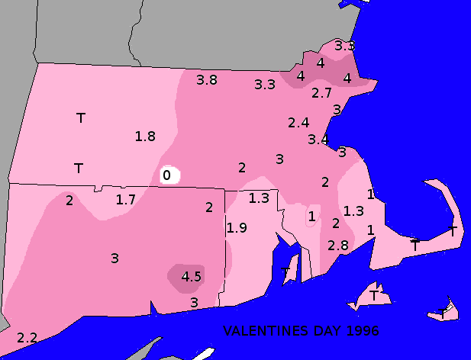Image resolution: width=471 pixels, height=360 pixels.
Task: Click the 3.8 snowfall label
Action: (207, 79)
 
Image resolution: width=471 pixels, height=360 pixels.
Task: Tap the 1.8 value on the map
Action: (145, 137)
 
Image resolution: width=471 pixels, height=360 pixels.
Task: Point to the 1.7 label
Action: (126, 200)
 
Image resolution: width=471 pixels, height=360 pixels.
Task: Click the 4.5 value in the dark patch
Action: (191, 277)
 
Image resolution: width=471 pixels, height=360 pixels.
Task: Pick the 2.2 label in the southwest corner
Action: (27, 337)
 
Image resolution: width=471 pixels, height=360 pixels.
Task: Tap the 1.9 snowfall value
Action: (237, 227)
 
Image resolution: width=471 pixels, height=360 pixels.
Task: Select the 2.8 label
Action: (338, 246)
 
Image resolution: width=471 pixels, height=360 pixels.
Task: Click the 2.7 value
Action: (322, 93)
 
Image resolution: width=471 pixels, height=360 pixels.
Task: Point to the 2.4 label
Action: (298, 122)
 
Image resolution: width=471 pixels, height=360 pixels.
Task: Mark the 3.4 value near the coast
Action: (318, 140)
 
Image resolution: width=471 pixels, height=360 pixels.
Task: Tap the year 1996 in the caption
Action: (362, 331)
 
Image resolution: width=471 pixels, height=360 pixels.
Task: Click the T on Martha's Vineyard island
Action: (374, 294)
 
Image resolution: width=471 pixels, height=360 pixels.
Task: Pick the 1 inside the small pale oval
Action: (311, 217)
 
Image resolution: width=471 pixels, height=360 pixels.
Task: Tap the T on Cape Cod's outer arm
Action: (453, 231)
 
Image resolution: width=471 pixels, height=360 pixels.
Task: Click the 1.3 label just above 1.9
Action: (260, 198)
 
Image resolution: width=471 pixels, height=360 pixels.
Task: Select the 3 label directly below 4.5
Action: (194, 303)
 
